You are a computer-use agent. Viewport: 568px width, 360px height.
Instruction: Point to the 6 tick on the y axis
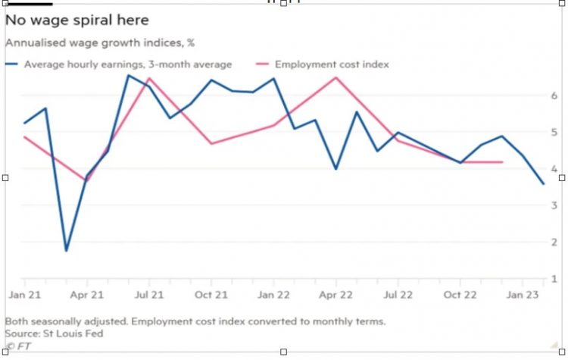[554, 95]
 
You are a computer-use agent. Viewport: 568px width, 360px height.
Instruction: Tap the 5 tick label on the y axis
[554, 132]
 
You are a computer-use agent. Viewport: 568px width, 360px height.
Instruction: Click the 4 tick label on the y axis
[554, 168]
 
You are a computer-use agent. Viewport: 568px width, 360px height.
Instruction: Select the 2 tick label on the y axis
[554, 242]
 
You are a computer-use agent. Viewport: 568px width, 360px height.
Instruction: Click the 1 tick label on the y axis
[554, 278]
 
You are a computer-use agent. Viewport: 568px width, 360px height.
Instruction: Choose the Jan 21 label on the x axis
[24, 294]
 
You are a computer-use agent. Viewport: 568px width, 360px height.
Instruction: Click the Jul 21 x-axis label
[149, 294]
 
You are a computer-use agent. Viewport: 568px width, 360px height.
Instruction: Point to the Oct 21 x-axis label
[211, 294]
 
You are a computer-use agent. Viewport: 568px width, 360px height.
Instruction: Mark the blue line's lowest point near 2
[67, 250]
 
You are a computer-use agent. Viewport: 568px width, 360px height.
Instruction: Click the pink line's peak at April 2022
[336, 77]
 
